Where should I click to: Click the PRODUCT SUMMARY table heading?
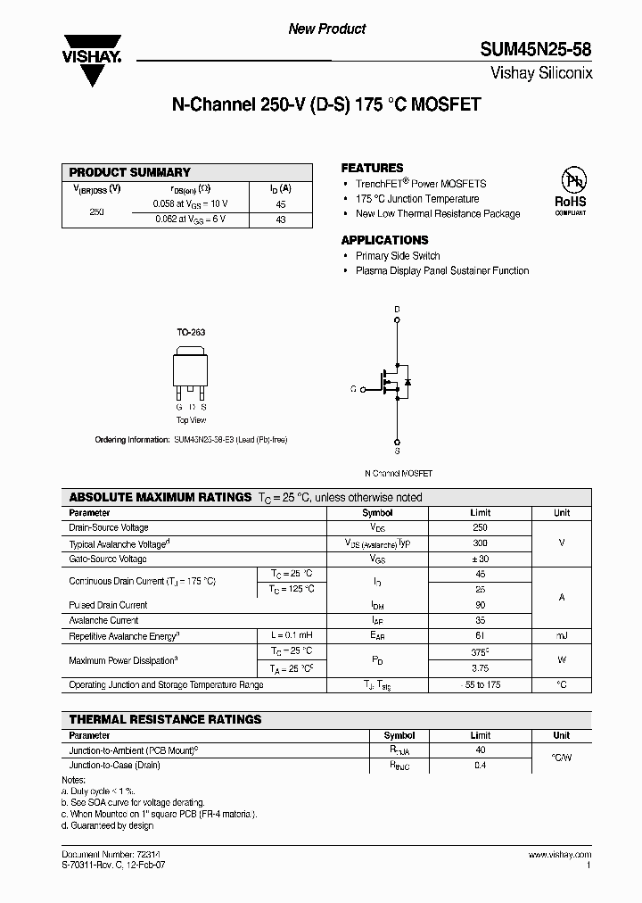(x=130, y=172)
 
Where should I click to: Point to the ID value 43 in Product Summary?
(x=280, y=220)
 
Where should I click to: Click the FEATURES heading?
(x=372, y=168)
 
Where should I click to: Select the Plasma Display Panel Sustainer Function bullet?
(x=442, y=270)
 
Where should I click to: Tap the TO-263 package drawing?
(x=190, y=376)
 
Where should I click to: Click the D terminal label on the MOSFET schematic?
(x=397, y=310)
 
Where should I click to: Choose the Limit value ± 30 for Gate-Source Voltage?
(x=480, y=559)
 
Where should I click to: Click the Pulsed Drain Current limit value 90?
(x=480, y=605)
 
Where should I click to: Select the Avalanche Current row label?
(x=103, y=620)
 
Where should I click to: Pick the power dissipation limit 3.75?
(x=480, y=667)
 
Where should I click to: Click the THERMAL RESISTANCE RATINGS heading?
(x=166, y=719)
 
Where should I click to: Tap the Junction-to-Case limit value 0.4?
(x=481, y=766)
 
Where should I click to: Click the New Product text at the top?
(x=327, y=29)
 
